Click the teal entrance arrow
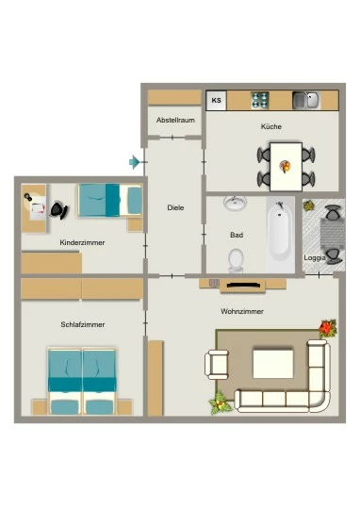click(134, 162)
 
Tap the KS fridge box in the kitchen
click(216, 100)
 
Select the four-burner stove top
click(260, 100)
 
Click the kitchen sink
click(306, 100)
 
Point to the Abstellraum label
click(175, 120)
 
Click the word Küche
click(271, 126)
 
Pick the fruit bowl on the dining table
click(286, 167)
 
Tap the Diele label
click(175, 207)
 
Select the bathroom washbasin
click(235, 204)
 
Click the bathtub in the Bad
click(280, 234)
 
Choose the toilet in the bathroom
click(236, 261)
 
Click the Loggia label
click(315, 258)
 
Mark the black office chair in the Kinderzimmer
click(59, 210)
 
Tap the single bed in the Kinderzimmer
click(109, 200)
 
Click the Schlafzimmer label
click(83, 324)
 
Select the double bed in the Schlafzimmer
click(82, 382)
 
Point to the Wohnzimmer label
click(242, 312)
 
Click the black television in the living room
click(243, 286)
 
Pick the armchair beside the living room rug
click(217, 365)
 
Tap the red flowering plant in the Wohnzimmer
click(328, 328)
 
